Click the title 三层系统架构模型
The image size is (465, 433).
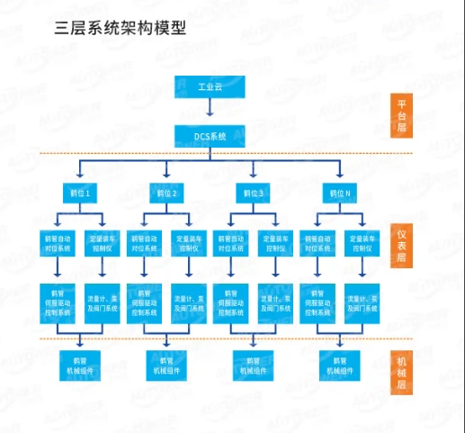[x=121, y=28]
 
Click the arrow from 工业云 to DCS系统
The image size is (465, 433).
[x=210, y=110]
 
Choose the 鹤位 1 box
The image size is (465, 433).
[x=79, y=193]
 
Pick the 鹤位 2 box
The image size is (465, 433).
[x=166, y=193]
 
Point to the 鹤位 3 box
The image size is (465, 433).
[x=253, y=193]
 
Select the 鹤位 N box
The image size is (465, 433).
[x=340, y=193]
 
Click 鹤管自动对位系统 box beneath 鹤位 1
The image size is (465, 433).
[x=58, y=243]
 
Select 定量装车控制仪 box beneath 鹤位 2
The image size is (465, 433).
[x=188, y=243]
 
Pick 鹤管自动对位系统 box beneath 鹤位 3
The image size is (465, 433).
[x=231, y=243]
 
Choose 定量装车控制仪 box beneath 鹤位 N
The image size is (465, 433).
[x=362, y=243]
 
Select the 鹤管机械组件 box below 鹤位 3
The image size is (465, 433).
[x=253, y=365]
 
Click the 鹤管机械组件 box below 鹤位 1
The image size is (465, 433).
[x=79, y=365]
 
